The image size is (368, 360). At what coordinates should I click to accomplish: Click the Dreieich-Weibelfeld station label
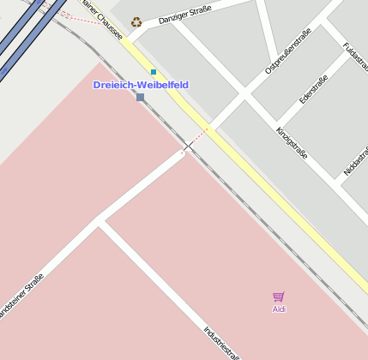[140, 85]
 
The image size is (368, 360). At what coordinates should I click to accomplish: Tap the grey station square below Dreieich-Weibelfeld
[140, 98]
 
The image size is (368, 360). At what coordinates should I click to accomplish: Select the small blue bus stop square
[154, 72]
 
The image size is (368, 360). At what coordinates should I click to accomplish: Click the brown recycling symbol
[136, 22]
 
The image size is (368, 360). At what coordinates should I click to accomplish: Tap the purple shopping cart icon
[279, 297]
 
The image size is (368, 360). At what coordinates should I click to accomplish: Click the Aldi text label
[279, 309]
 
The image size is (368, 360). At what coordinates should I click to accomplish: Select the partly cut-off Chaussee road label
[100, 20]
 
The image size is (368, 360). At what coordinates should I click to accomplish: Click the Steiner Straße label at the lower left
[21, 297]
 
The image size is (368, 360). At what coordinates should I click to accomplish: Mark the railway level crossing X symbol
[184, 152]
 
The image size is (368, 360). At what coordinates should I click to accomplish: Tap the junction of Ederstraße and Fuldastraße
[323, 24]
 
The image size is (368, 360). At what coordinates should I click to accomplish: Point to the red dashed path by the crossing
[197, 137]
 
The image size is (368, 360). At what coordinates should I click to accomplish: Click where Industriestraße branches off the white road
[100, 222]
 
